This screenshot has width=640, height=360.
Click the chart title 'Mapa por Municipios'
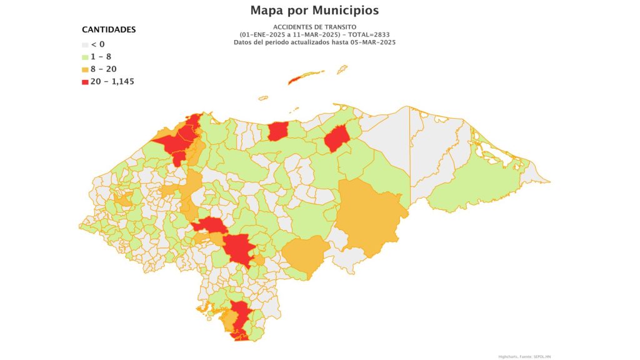pyautogui.click(x=314, y=11)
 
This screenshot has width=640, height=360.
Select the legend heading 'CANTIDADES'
pyautogui.click(x=109, y=29)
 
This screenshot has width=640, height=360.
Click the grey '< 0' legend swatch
pyautogui.click(x=86, y=44)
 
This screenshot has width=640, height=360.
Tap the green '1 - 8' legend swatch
pyautogui.click(x=86, y=57)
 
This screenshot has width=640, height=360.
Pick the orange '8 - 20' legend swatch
pyautogui.click(x=86, y=69)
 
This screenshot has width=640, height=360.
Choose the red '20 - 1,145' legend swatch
pyautogui.click(x=86, y=81)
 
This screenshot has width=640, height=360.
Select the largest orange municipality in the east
pyautogui.click(x=369, y=216)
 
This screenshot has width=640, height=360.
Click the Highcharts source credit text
pyautogui.click(x=525, y=356)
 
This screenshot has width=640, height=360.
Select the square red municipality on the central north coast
pyautogui.click(x=277, y=131)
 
